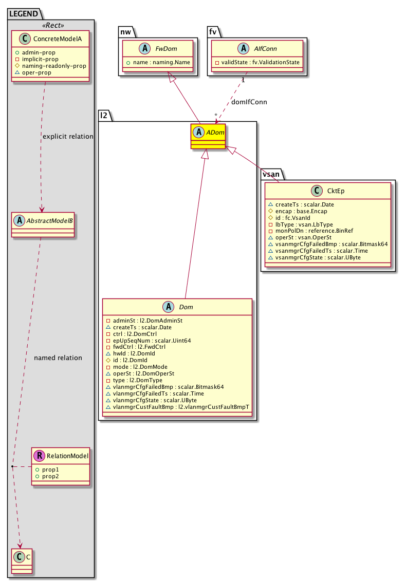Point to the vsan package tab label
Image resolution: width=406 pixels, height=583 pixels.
[270, 174]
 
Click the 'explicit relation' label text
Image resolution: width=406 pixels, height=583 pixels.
[68, 137]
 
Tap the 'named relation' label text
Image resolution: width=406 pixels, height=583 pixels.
[58, 358]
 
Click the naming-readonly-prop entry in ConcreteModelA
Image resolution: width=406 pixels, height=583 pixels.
[53, 66]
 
